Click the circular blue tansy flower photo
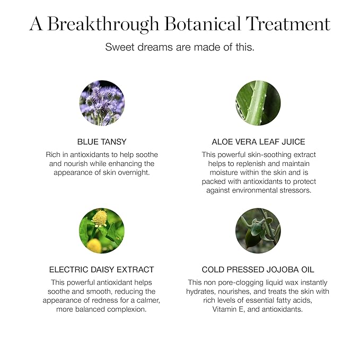click(x=102, y=103)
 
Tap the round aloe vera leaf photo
click(x=258, y=103)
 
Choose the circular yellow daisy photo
click(x=102, y=231)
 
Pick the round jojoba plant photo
click(x=258, y=231)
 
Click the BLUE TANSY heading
click(x=102, y=142)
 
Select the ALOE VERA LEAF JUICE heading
click(x=258, y=142)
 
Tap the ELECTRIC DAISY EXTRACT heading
click(x=102, y=269)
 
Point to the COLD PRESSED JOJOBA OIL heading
click(x=258, y=269)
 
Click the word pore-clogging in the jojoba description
click(x=244, y=283)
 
